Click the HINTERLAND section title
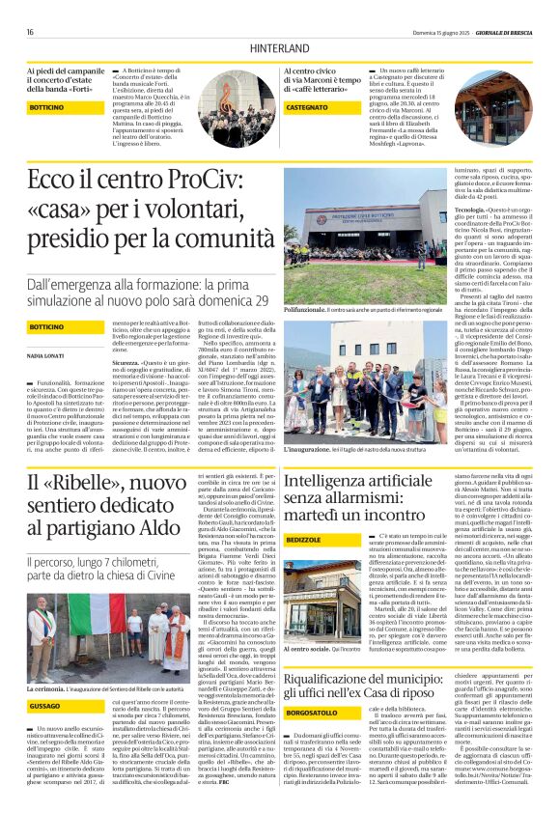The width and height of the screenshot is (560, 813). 279,46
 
